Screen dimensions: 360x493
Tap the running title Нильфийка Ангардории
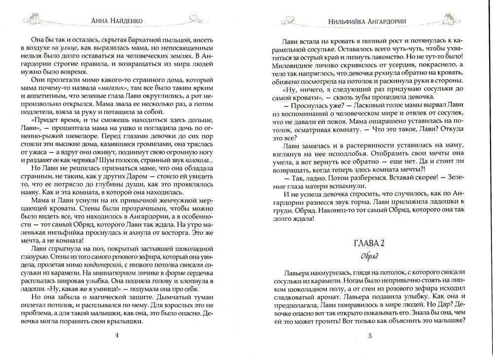click(x=370, y=22)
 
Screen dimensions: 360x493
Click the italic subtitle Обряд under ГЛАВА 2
click(x=370, y=256)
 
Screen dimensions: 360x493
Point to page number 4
click(x=116, y=336)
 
